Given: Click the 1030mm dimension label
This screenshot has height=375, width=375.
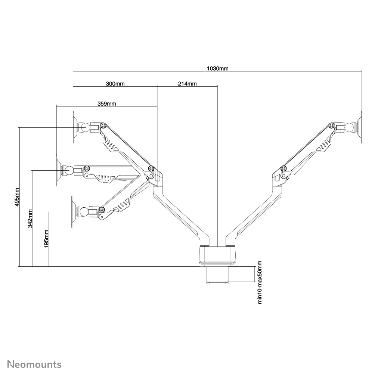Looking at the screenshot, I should pyautogui.click(x=218, y=68).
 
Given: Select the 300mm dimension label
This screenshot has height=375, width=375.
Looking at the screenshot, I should pyautogui.click(x=115, y=84).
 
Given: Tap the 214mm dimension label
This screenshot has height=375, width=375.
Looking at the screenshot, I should pyautogui.click(x=187, y=84).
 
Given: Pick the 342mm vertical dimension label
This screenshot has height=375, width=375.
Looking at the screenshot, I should pyautogui.click(x=30, y=218).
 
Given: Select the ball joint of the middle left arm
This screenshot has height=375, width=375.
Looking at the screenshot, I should pyautogui.click(x=69, y=170).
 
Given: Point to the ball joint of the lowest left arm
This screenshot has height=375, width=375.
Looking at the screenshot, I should pyautogui.click(x=83, y=212).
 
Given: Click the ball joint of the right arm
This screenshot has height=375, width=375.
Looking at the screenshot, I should pyautogui.click(x=350, y=127).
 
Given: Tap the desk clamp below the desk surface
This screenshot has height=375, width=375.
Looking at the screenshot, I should pyautogui.click(x=217, y=275).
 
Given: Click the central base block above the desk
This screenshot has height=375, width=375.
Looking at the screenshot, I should pyautogui.click(x=217, y=256).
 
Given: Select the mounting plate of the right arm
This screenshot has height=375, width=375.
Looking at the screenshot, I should pyautogui.click(x=360, y=127).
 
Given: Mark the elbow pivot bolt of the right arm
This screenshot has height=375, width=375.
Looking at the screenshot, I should pyautogui.click(x=284, y=168).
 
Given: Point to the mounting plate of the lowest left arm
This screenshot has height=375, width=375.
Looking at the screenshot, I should pyautogui.click(x=74, y=212).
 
